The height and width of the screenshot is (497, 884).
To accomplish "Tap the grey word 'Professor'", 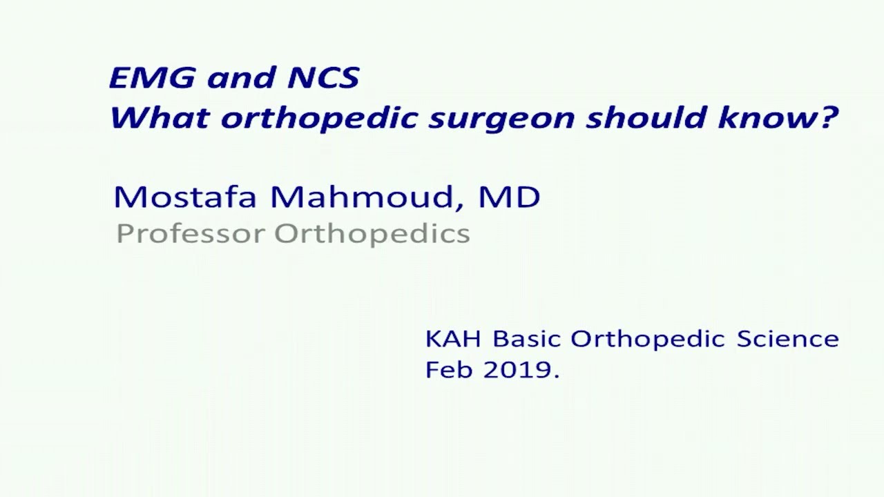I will (190, 234).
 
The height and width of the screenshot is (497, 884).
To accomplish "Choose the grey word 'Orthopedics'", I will (372, 235).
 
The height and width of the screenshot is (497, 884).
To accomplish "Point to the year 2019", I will (518, 370).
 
